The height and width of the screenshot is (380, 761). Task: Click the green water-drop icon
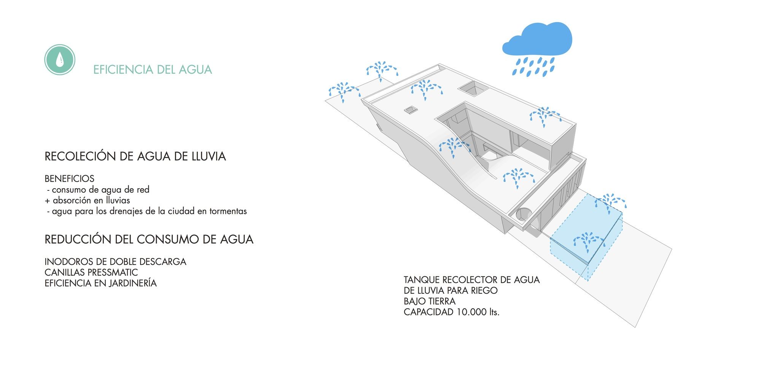click(60, 60)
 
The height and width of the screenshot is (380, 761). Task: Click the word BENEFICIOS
click(69, 179)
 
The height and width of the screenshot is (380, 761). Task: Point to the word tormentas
click(228, 211)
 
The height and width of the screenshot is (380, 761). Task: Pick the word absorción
click(72, 200)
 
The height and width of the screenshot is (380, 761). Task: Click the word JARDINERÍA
click(133, 283)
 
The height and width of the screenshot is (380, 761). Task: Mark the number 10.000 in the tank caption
click(471, 312)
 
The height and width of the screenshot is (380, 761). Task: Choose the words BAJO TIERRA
click(430, 301)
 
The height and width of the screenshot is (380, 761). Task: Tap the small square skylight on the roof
click(411, 110)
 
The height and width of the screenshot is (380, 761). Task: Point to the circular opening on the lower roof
click(524, 214)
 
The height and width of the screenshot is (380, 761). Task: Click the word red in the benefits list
click(143, 190)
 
